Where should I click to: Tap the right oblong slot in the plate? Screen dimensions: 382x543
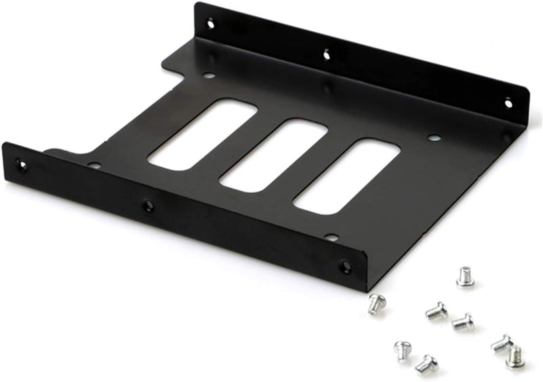347,176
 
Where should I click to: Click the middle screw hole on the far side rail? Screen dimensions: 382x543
326,52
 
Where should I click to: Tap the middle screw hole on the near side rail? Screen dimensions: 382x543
147,205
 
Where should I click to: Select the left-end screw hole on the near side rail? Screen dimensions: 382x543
22,165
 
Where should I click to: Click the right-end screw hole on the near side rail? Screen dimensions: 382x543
345,265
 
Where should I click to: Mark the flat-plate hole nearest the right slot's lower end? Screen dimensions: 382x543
331,237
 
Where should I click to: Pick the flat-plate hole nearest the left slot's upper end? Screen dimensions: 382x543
209,74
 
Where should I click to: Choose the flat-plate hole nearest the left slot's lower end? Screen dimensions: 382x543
94,165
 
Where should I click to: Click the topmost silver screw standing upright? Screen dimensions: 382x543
465,276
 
